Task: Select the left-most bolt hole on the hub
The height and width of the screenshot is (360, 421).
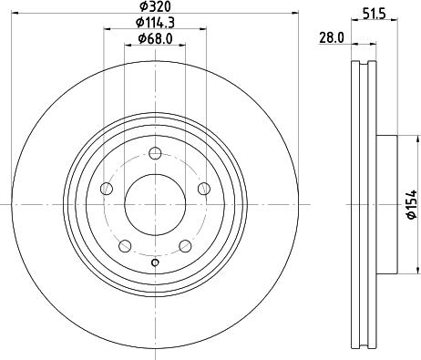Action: (106, 189)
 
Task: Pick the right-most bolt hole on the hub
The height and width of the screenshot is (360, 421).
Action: (203, 189)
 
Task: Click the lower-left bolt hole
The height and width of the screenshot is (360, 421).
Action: (124, 246)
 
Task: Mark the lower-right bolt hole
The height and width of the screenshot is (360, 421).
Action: (185, 246)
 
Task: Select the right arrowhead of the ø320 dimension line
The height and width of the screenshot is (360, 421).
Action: (295, 14)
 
